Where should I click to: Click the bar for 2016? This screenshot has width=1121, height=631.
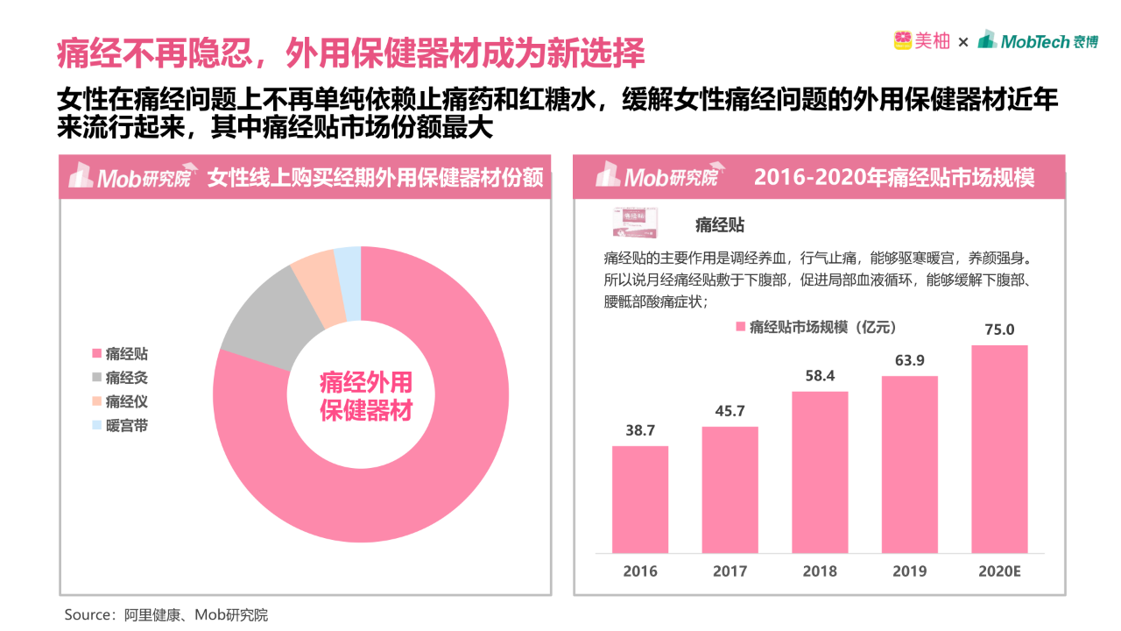(639, 500)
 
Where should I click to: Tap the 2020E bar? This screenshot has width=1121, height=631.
(999, 449)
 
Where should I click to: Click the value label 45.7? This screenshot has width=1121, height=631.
(730, 411)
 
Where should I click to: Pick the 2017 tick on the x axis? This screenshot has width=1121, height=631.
(730, 571)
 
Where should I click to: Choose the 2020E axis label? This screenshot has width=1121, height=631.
(999, 571)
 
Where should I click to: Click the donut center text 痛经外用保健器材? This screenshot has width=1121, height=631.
(366, 397)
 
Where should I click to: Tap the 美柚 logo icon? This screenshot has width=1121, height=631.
(902, 40)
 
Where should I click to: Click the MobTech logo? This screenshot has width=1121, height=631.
(1037, 40)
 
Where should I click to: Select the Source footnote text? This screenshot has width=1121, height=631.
(166, 614)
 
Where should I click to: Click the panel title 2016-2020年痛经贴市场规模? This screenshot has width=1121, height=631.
(894, 178)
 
